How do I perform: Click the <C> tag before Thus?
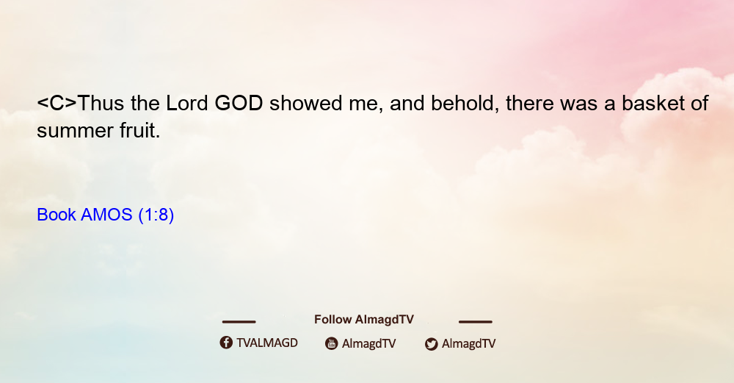click(x=57, y=103)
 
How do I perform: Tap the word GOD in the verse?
click(x=239, y=103)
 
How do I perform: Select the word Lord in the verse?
click(x=187, y=103)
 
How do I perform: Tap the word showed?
click(x=305, y=103)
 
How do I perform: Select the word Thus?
click(x=101, y=103)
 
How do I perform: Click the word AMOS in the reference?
click(x=106, y=215)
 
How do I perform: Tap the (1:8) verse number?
click(x=156, y=215)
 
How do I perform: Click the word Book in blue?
click(x=57, y=215)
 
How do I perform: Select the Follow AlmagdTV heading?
click(x=364, y=320)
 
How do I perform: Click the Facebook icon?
click(x=226, y=343)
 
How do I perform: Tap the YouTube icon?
click(x=332, y=343)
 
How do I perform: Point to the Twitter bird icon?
click(x=431, y=344)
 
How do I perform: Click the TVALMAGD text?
click(x=267, y=343)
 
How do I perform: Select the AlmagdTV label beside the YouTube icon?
click(x=369, y=344)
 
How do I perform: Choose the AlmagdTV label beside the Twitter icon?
click(x=468, y=344)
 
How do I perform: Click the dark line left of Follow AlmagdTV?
click(x=239, y=322)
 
